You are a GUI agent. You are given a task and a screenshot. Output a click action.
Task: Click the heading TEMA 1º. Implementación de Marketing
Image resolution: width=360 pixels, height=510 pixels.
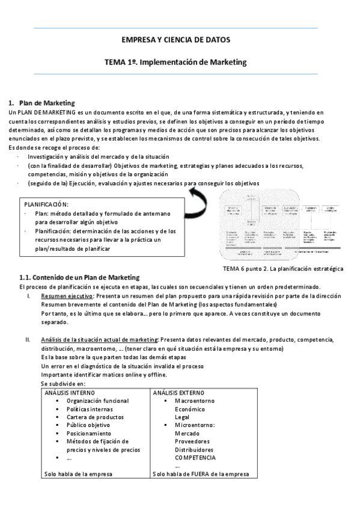pos(175,61)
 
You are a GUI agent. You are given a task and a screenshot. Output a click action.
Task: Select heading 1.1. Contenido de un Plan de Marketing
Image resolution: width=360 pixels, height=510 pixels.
pos(80,277)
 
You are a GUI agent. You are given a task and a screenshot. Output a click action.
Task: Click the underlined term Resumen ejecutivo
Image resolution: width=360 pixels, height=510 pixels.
pos(66,295)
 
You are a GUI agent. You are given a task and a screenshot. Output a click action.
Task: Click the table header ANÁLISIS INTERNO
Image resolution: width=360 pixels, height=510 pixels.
pos(71,392)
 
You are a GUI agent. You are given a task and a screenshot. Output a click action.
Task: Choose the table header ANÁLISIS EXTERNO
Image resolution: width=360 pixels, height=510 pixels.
pos(179,392)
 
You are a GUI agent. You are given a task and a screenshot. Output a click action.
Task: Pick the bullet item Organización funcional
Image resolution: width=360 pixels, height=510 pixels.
pos(97,401)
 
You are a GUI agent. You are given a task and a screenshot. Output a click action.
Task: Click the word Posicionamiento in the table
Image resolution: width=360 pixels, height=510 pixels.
pos(89,433)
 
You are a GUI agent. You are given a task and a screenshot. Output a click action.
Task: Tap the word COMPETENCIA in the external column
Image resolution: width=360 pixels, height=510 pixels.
pos(195,458)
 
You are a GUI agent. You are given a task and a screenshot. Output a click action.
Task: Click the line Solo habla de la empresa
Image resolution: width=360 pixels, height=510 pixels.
pos(78,474)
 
